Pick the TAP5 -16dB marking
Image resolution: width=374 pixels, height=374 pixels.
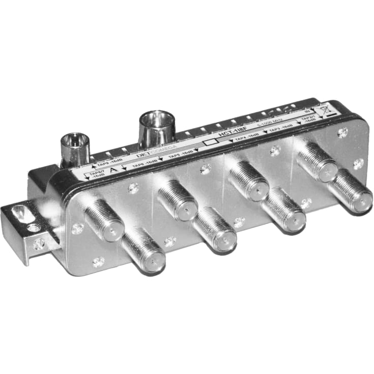click(181, 153)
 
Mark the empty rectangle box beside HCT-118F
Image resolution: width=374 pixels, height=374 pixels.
click(208, 143)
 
